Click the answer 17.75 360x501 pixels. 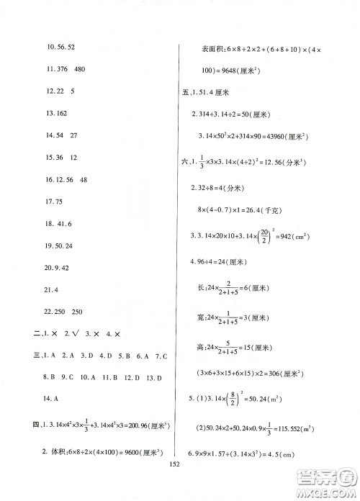[x=55, y=222]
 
